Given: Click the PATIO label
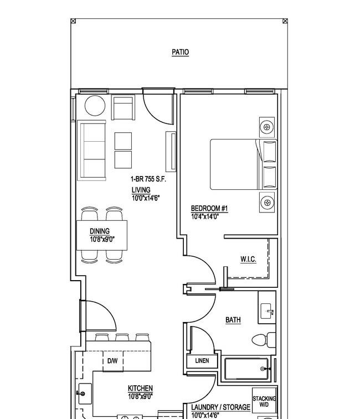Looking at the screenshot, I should coord(180,52).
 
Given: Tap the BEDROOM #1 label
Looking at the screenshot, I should coord(205,208).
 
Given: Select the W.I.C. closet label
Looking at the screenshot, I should coord(248,259).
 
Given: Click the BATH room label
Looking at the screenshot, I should coord(233,320).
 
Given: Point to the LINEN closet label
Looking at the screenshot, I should coord(202,360).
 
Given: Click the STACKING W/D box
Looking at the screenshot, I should coord(264,402).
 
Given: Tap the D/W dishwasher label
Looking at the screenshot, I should coord(112,361).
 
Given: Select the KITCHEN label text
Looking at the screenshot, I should coord(140,389).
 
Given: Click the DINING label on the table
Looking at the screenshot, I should coord(100,231).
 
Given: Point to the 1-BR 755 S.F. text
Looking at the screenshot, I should coord(148,179).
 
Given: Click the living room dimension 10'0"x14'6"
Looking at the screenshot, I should coord(146,198).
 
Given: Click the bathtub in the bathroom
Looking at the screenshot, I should coord(246,369).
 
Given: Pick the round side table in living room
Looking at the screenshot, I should coord(94,106).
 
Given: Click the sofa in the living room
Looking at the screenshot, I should coord(92,150).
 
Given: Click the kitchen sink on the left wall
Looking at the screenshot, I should coord(84,394).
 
